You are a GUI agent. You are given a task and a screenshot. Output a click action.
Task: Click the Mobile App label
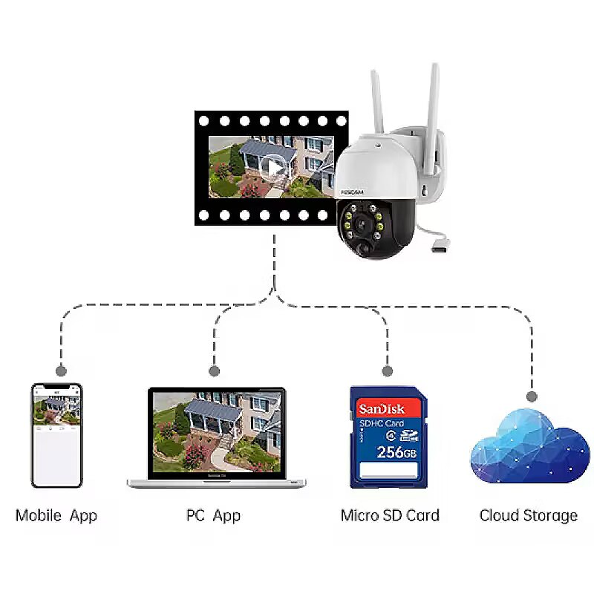click(x=56, y=515)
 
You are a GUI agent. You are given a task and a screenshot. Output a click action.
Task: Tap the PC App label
click(x=213, y=515)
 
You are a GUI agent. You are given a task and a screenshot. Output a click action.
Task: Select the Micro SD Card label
click(x=390, y=515)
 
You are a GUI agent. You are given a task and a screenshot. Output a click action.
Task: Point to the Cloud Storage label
click(x=528, y=515)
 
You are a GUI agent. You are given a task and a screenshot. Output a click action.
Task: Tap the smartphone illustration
click(x=56, y=434)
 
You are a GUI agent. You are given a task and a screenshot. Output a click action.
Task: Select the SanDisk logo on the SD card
click(x=382, y=409)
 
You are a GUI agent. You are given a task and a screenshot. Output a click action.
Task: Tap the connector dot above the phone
click(x=61, y=370)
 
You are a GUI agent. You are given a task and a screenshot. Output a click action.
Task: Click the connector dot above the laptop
click(x=215, y=370)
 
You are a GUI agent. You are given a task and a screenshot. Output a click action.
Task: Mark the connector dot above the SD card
click(x=386, y=370)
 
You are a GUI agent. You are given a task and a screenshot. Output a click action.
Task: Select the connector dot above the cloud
click(x=530, y=395)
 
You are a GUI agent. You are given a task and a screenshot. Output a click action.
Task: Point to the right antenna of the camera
click(x=433, y=97)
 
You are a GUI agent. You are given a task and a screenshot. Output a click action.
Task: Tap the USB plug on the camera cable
click(x=439, y=244)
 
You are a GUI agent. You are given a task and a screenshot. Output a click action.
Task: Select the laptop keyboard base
click(x=217, y=482)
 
